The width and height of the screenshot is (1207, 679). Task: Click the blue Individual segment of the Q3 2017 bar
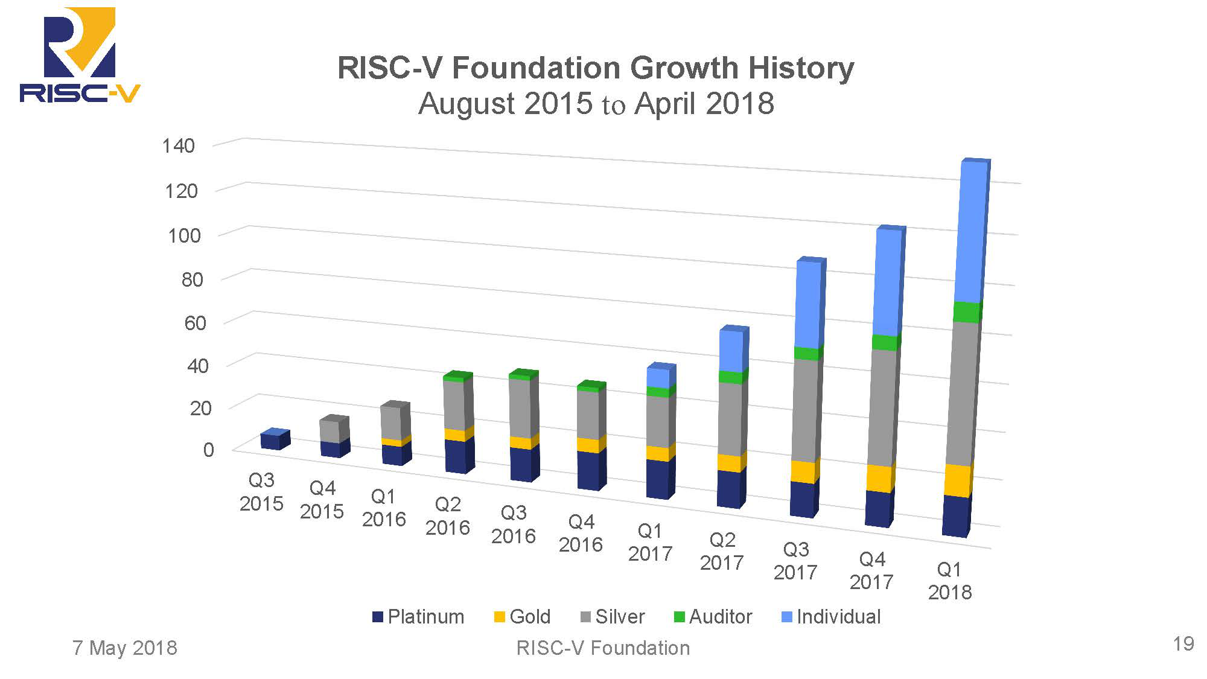pos(809,305)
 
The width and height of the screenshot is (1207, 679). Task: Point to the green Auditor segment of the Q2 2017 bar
pos(732,377)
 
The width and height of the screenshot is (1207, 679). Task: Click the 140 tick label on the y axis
pos(179,145)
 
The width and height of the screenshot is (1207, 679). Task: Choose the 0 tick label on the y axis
pos(208,450)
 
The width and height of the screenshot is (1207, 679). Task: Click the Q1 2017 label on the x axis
pos(650,542)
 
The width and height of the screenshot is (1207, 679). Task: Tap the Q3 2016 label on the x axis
pos(514,524)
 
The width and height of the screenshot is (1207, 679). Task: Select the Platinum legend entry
pos(419,617)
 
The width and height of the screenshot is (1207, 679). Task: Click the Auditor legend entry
pos(713,617)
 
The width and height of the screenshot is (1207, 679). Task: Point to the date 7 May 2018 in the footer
pos(125,648)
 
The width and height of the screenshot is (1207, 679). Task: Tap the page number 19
pos(1183,644)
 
